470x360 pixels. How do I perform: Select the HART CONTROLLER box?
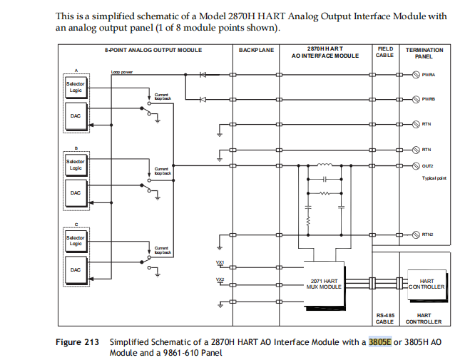[426, 284]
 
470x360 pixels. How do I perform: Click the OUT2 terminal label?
[427, 165]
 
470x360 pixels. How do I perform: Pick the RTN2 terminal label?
[428, 234]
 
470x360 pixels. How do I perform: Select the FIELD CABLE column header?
[384, 52]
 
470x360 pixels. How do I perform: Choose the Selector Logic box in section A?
[76, 88]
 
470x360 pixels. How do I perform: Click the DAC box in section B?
[75, 192]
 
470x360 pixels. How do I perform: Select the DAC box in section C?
[75, 269]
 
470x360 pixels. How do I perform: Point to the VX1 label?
[220, 262]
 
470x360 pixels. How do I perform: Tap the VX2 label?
[220, 279]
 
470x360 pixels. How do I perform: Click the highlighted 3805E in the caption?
[379, 342]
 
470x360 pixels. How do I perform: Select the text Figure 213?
[77, 342]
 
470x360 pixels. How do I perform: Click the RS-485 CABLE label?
[384, 318]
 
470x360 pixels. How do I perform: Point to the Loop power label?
[122, 73]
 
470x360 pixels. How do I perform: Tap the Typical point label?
[434, 178]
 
